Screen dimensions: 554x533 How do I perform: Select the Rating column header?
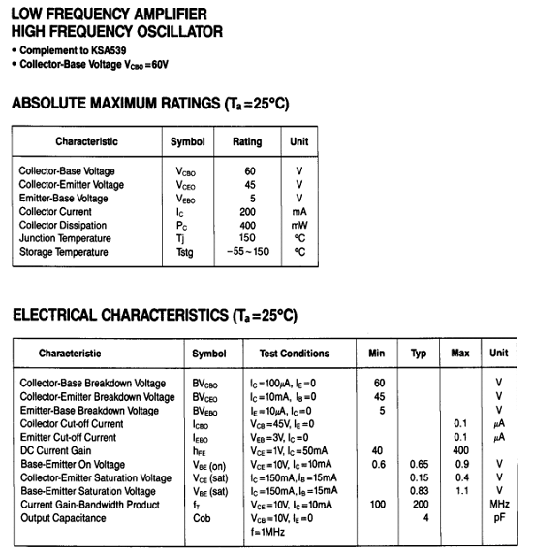pyautogui.click(x=247, y=141)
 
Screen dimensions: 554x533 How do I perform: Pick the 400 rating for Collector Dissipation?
pyautogui.click(x=247, y=225)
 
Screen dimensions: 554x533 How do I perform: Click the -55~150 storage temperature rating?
pyautogui.click(x=247, y=253)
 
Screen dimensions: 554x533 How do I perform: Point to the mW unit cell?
pyautogui.click(x=299, y=225)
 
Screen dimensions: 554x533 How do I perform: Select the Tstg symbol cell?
pyautogui.click(x=185, y=253)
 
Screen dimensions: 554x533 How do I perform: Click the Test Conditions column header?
pyautogui.click(x=294, y=354)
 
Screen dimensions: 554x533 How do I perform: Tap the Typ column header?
pyautogui.click(x=419, y=354)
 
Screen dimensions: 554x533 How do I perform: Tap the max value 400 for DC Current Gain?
pyautogui.click(x=460, y=450)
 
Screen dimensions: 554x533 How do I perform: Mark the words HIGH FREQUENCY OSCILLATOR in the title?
pyautogui.click(x=116, y=31)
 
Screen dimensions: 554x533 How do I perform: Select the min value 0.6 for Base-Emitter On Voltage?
pyautogui.click(x=379, y=464)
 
